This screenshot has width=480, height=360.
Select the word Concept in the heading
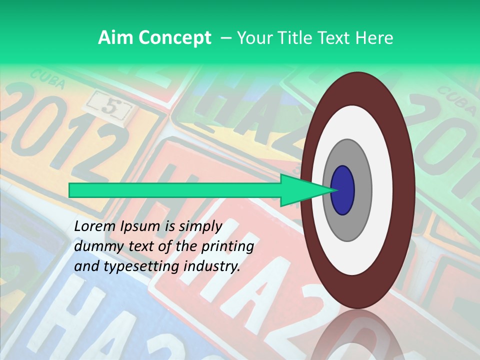tap(174, 38)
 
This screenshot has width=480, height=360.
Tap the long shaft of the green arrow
tap(175, 190)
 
